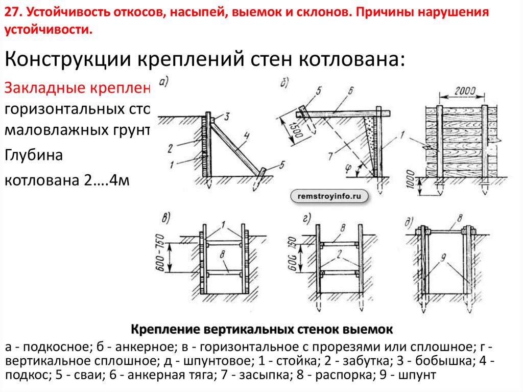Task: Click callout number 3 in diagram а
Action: (227, 115)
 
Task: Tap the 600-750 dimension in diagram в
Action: (160, 255)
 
